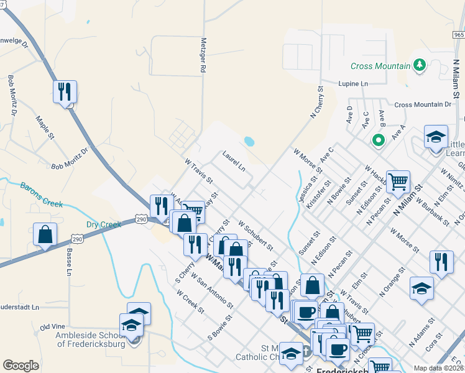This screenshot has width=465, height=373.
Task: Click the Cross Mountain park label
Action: pos(380,66)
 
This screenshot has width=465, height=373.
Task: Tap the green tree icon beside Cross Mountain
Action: pos(420,65)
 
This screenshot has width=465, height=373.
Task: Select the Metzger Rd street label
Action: pos(203,56)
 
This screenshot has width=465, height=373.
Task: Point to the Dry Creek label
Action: pos(104,224)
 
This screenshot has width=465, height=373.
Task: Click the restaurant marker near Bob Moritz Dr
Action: pos(65,92)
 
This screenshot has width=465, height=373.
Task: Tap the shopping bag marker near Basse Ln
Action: pos(45,235)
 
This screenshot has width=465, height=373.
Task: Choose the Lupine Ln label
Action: pos(353,83)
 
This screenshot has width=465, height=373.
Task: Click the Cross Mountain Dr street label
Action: pos(423,105)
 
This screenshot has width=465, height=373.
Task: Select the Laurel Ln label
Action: pos(234,160)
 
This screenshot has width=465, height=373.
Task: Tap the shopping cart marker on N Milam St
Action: pos(398,182)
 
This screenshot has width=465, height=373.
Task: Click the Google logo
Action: pos(21,365)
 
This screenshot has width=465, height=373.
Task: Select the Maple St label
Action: pos(45,127)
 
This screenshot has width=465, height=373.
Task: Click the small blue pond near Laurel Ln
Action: pos(249,141)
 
